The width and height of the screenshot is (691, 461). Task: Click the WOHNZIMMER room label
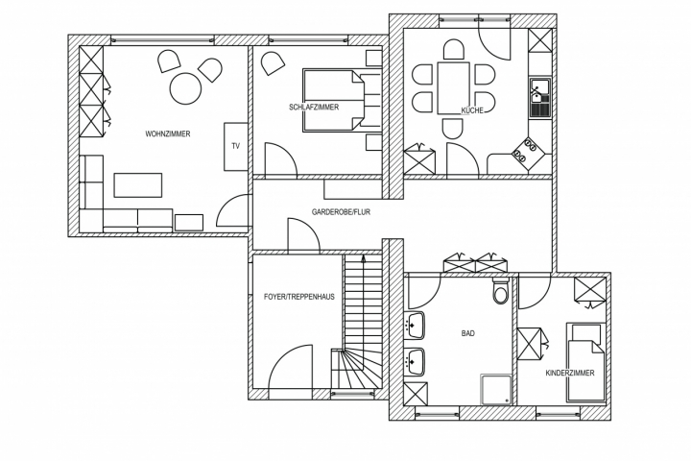click(168, 133)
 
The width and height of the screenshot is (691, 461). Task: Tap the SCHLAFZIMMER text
click(314, 107)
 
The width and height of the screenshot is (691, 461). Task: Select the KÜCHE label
click(471, 110)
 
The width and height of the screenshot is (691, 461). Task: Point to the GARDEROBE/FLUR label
click(341, 211)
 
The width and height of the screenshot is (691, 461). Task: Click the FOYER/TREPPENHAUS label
click(299, 297)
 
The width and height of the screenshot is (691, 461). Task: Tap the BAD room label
click(468, 333)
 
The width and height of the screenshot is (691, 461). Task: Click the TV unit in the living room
click(235, 146)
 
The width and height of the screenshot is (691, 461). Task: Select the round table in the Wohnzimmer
click(185, 88)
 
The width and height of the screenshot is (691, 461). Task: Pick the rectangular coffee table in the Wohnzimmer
click(138, 183)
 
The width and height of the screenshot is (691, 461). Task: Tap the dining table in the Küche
click(453, 87)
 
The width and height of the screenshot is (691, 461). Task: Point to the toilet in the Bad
click(501, 293)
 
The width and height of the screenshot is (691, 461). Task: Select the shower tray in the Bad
click(496, 389)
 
